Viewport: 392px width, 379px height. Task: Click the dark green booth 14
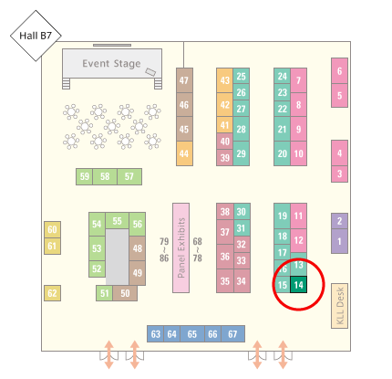298,285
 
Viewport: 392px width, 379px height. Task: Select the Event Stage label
111,64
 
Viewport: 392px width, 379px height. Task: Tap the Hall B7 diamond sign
36,36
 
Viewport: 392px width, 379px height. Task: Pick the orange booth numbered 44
184,153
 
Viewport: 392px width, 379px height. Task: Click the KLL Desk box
339,306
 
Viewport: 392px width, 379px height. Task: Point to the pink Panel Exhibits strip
181,247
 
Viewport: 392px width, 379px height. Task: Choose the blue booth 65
192,334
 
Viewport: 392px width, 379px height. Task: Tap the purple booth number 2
339,221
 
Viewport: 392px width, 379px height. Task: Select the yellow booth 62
52,293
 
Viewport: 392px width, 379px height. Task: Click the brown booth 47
184,80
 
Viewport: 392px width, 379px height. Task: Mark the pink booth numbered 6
339,71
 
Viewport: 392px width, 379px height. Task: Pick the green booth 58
105,176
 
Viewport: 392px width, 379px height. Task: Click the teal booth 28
242,129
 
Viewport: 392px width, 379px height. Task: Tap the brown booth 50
125,293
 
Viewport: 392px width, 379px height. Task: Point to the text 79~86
164,249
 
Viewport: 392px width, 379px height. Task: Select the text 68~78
197,249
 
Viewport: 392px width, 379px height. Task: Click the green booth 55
117,221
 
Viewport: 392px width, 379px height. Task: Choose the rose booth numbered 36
225,257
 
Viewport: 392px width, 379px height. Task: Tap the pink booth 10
298,153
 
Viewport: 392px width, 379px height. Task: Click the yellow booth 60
52,229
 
